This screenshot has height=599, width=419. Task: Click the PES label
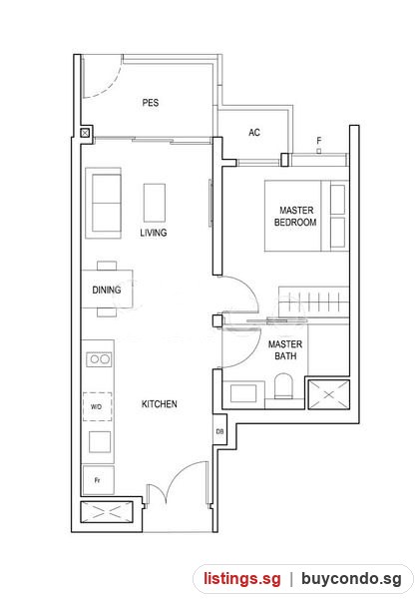pyautogui.click(x=151, y=103)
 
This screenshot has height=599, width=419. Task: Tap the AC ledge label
pyautogui.click(x=254, y=133)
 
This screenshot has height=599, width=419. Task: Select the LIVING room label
pyautogui.click(x=154, y=233)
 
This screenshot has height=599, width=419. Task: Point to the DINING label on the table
pyautogui.click(x=107, y=290)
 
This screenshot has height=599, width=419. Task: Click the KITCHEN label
pyautogui.click(x=160, y=403)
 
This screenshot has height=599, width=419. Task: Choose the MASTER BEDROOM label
pyautogui.click(x=295, y=216)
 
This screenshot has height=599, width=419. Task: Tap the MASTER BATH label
pyautogui.click(x=285, y=350)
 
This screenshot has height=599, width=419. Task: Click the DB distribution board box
pyautogui.click(x=219, y=431)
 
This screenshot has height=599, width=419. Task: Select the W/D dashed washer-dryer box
pyautogui.click(x=98, y=407)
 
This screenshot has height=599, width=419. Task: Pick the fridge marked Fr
pyautogui.click(x=98, y=480)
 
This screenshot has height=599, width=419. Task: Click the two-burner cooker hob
pyautogui.click(x=99, y=359)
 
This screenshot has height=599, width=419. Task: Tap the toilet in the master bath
pyautogui.click(x=283, y=385)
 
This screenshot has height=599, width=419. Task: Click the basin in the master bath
pyautogui.click(x=243, y=393)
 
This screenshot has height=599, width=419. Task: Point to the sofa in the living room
pyautogui.click(x=103, y=204)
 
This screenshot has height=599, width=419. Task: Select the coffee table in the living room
pyautogui.click(x=155, y=203)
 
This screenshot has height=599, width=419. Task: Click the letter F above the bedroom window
pyautogui.click(x=319, y=141)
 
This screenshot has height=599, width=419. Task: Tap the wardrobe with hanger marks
pyautogui.click(x=313, y=301)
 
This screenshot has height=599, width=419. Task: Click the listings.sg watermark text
pyautogui.click(x=242, y=578)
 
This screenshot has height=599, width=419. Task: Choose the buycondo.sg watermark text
pyautogui.click(x=351, y=579)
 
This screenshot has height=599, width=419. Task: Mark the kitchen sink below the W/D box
pyautogui.click(x=100, y=441)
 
